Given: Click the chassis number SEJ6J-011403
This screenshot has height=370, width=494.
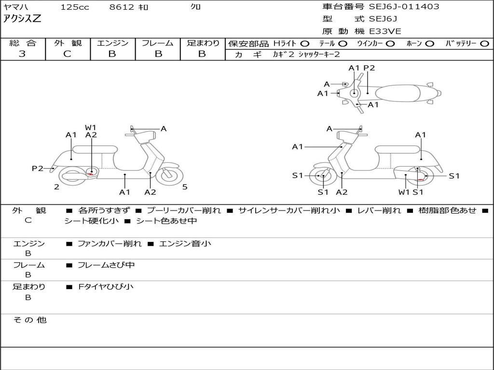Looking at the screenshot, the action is click(404, 7).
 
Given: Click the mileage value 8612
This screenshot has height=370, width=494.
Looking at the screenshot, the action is click(121, 7).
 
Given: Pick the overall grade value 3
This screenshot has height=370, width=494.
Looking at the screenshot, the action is click(22, 54).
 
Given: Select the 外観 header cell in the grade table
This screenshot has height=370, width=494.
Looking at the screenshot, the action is click(68, 43).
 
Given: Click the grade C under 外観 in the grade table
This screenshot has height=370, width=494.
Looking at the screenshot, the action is click(68, 54).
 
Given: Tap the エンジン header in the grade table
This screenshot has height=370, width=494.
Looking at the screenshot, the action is click(112, 43).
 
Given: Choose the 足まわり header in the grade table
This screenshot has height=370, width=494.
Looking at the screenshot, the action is click(203, 43).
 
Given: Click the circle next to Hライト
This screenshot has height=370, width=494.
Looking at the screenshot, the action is click(304, 44).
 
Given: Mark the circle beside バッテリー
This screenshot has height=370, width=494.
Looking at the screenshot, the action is click(484, 44).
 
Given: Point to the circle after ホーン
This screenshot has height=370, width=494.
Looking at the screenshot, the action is click(429, 44).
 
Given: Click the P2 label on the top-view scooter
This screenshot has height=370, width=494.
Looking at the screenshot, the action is click(369, 68).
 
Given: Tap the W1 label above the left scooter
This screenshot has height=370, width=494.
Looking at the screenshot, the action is click(91, 128).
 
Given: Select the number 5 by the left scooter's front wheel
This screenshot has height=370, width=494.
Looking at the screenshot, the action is click(185, 187).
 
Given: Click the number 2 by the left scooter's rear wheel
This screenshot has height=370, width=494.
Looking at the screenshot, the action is click(56, 187).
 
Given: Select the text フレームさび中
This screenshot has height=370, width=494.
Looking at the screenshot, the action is click(106, 265).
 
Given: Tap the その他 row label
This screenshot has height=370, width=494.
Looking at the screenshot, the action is click(29, 320).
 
